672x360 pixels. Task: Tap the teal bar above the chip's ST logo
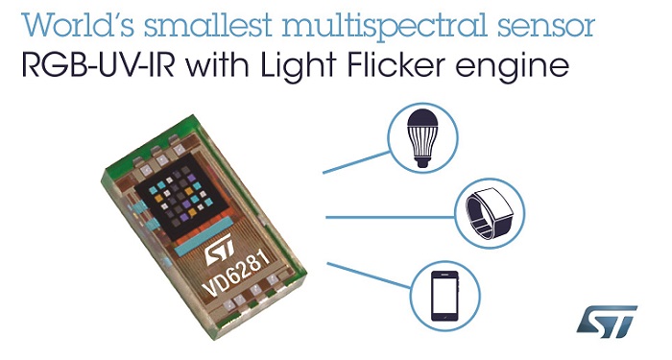[216, 228]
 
